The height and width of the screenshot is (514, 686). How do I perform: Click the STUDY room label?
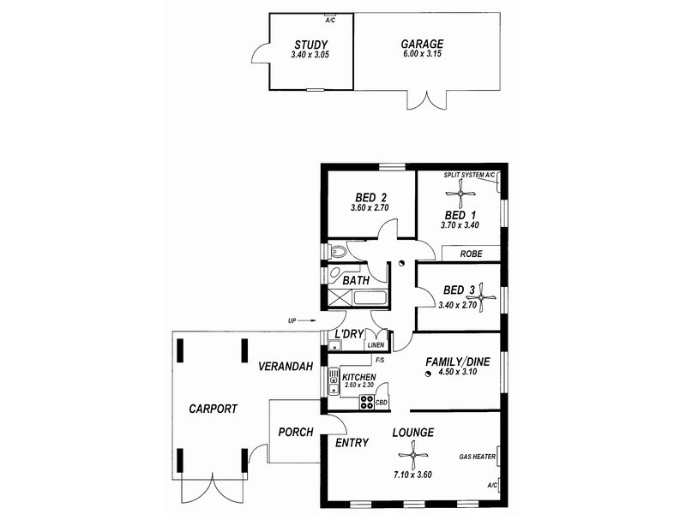point(310,45)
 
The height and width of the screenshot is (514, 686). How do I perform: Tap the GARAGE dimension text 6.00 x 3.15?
point(422,54)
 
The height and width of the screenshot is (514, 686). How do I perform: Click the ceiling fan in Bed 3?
point(481,297)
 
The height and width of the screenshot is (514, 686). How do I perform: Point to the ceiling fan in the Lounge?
point(413,456)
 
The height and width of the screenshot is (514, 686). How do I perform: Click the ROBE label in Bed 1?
point(471,254)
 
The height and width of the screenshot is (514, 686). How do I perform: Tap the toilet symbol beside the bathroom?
point(337,252)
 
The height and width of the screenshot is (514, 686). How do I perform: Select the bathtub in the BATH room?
point(370,298)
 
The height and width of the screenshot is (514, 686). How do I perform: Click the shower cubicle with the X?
point(340,298)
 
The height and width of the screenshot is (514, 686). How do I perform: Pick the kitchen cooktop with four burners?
point(367,402)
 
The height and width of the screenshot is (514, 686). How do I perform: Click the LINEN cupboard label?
point(376,345)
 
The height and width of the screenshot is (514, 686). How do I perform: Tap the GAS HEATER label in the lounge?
point(478,457)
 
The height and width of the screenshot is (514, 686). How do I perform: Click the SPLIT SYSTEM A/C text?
point(469,176)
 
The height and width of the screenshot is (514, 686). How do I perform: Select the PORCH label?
point(296,433)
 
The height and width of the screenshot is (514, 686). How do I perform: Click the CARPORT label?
point(213,409)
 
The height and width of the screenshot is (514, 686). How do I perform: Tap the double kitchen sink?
point(334,381)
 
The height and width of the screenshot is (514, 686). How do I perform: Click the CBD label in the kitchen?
point(382,403)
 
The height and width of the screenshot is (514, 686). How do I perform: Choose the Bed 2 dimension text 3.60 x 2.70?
point(370,208)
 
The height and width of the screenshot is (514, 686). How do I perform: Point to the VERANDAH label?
point(286,367)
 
